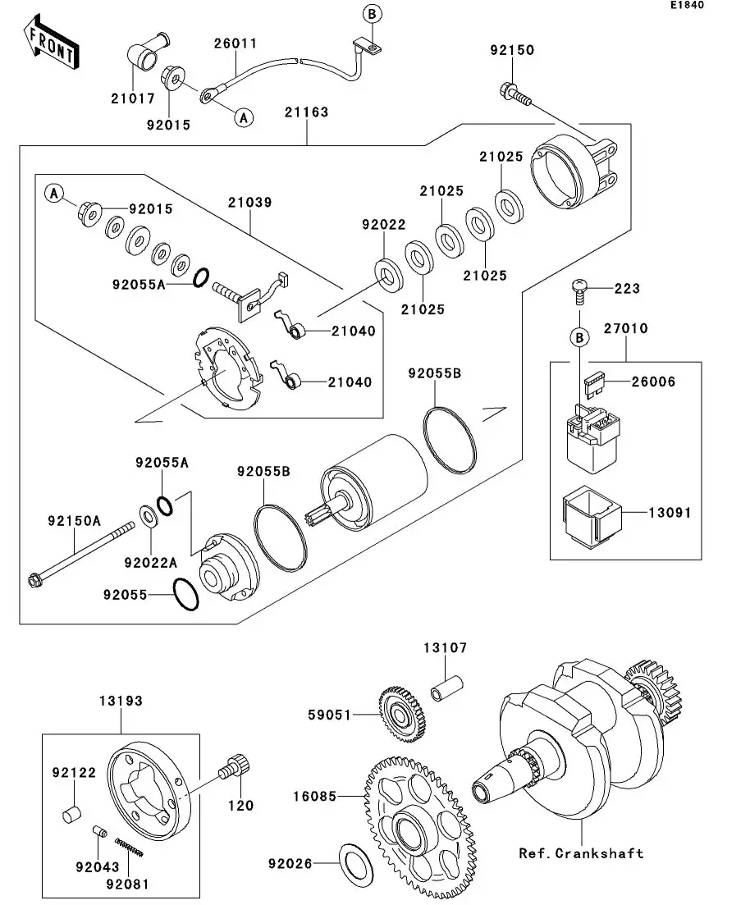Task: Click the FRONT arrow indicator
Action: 52,45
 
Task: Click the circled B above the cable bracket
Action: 371,14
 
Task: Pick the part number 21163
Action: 307,112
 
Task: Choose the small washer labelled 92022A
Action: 150,518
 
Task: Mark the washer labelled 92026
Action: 354,862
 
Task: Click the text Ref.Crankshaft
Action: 581,853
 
